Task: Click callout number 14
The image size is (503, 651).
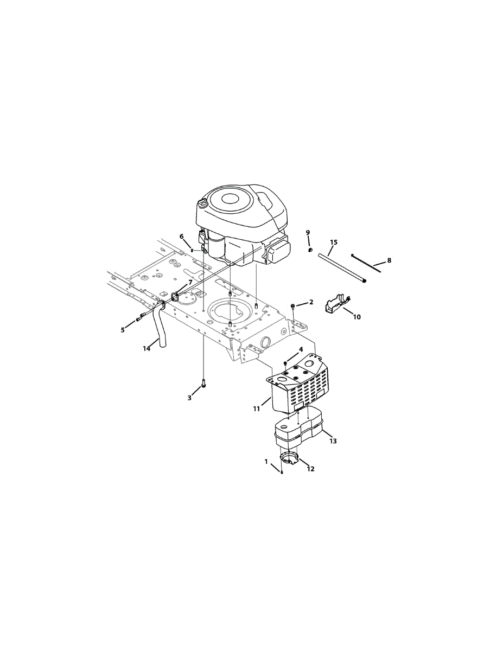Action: (147, 348)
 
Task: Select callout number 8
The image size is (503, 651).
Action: (389, 260)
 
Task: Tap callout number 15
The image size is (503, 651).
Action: (334, 242)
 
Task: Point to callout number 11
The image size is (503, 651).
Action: (257, 409)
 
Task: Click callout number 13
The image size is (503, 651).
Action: (333, 441)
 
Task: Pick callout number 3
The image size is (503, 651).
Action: (189, 398)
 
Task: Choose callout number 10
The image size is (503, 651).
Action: (357, 316)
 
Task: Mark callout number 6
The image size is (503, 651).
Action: (182, 237)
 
